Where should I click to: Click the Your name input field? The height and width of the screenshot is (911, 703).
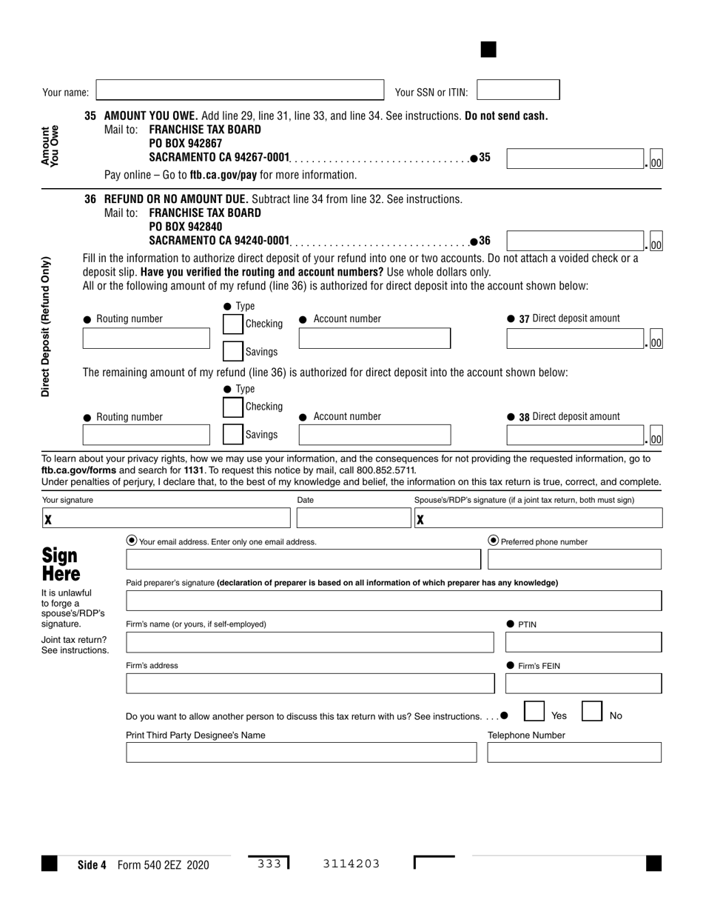click(240, 90)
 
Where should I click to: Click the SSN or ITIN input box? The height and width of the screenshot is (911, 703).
click(518, 90)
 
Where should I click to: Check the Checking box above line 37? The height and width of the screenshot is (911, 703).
click(233, 324)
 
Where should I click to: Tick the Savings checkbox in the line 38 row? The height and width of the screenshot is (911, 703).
click(233, 434)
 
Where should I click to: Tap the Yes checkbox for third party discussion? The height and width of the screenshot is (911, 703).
click(534, 712)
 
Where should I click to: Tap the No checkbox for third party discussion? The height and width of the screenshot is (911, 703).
click(592, 712)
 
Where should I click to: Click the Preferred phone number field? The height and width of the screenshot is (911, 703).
click(574, 559)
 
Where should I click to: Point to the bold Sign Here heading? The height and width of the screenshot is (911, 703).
click(60, 564)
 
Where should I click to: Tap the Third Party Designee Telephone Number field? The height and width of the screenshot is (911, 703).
click(574, 753)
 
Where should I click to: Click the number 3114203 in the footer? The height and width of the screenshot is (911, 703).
click(351, 864)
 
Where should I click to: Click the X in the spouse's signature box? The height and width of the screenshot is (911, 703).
click(420, 519)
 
